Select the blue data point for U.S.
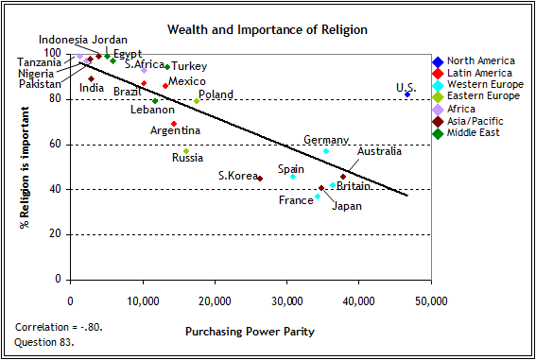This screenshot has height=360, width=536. [407, 94]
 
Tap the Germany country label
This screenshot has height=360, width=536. [325, 140]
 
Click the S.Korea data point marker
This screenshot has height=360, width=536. [260, 178]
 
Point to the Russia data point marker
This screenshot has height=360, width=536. [186, 151]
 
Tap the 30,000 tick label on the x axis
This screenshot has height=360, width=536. [286, 301]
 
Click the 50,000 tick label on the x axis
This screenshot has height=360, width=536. [430, 301]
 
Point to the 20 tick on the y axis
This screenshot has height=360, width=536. [54, 234]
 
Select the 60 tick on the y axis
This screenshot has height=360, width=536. [54, 145]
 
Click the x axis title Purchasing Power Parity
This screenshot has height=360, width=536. [251, 332]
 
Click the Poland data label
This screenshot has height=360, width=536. [216, 94]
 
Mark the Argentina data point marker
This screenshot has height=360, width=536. [174, 124]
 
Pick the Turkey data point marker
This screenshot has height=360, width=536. [167, 66]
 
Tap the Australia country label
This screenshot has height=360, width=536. [380, 151]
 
